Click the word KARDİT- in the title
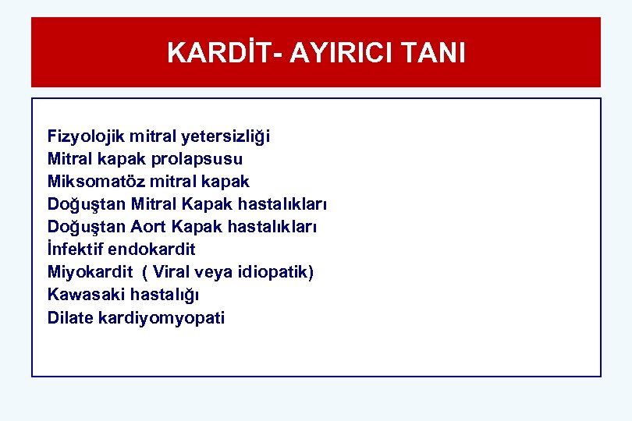pyautogui.click(x=224, y=53)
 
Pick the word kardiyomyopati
pyautogui.click(x=162, y=317)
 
